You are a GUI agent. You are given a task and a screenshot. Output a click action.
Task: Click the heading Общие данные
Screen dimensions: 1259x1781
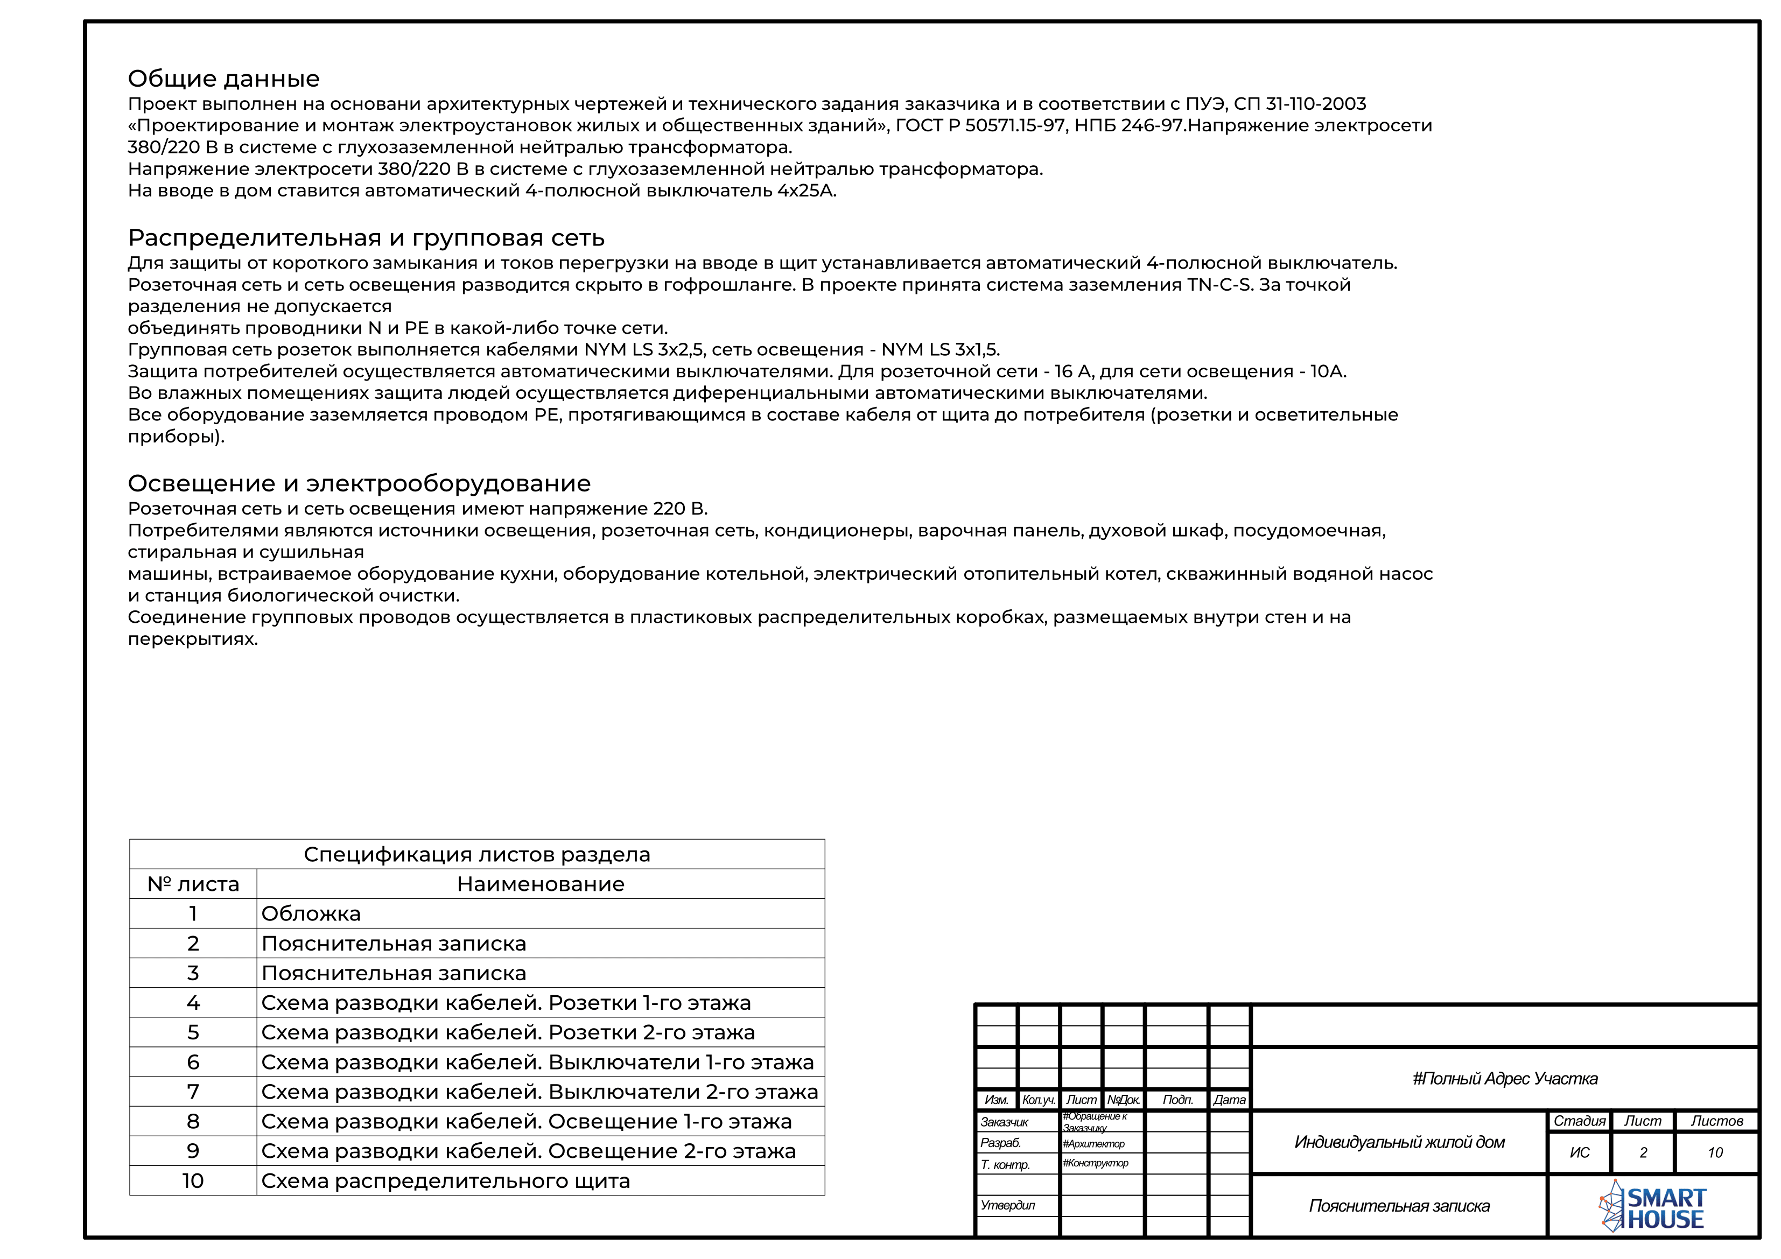coord(223,79)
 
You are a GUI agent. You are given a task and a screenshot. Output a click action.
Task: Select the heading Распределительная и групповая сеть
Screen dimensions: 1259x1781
coord(366,238)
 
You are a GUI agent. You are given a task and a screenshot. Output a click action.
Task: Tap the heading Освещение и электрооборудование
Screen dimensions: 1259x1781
coord(359,483)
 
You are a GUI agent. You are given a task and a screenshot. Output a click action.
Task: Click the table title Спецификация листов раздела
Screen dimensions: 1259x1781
coord(476,854)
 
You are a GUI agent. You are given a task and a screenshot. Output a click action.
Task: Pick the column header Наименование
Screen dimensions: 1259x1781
coord(540,884)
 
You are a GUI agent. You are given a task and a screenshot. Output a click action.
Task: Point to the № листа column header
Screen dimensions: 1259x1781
coord(193,884)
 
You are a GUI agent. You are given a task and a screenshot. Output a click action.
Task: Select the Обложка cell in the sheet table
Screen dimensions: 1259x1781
coord(311,914)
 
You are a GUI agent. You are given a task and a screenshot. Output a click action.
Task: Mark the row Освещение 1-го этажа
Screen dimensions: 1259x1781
coord(526,1122)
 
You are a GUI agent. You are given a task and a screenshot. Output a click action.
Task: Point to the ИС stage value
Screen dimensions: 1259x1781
coord(1579,1153)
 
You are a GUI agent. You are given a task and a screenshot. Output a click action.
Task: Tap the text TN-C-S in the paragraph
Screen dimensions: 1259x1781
coord(1219,285)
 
